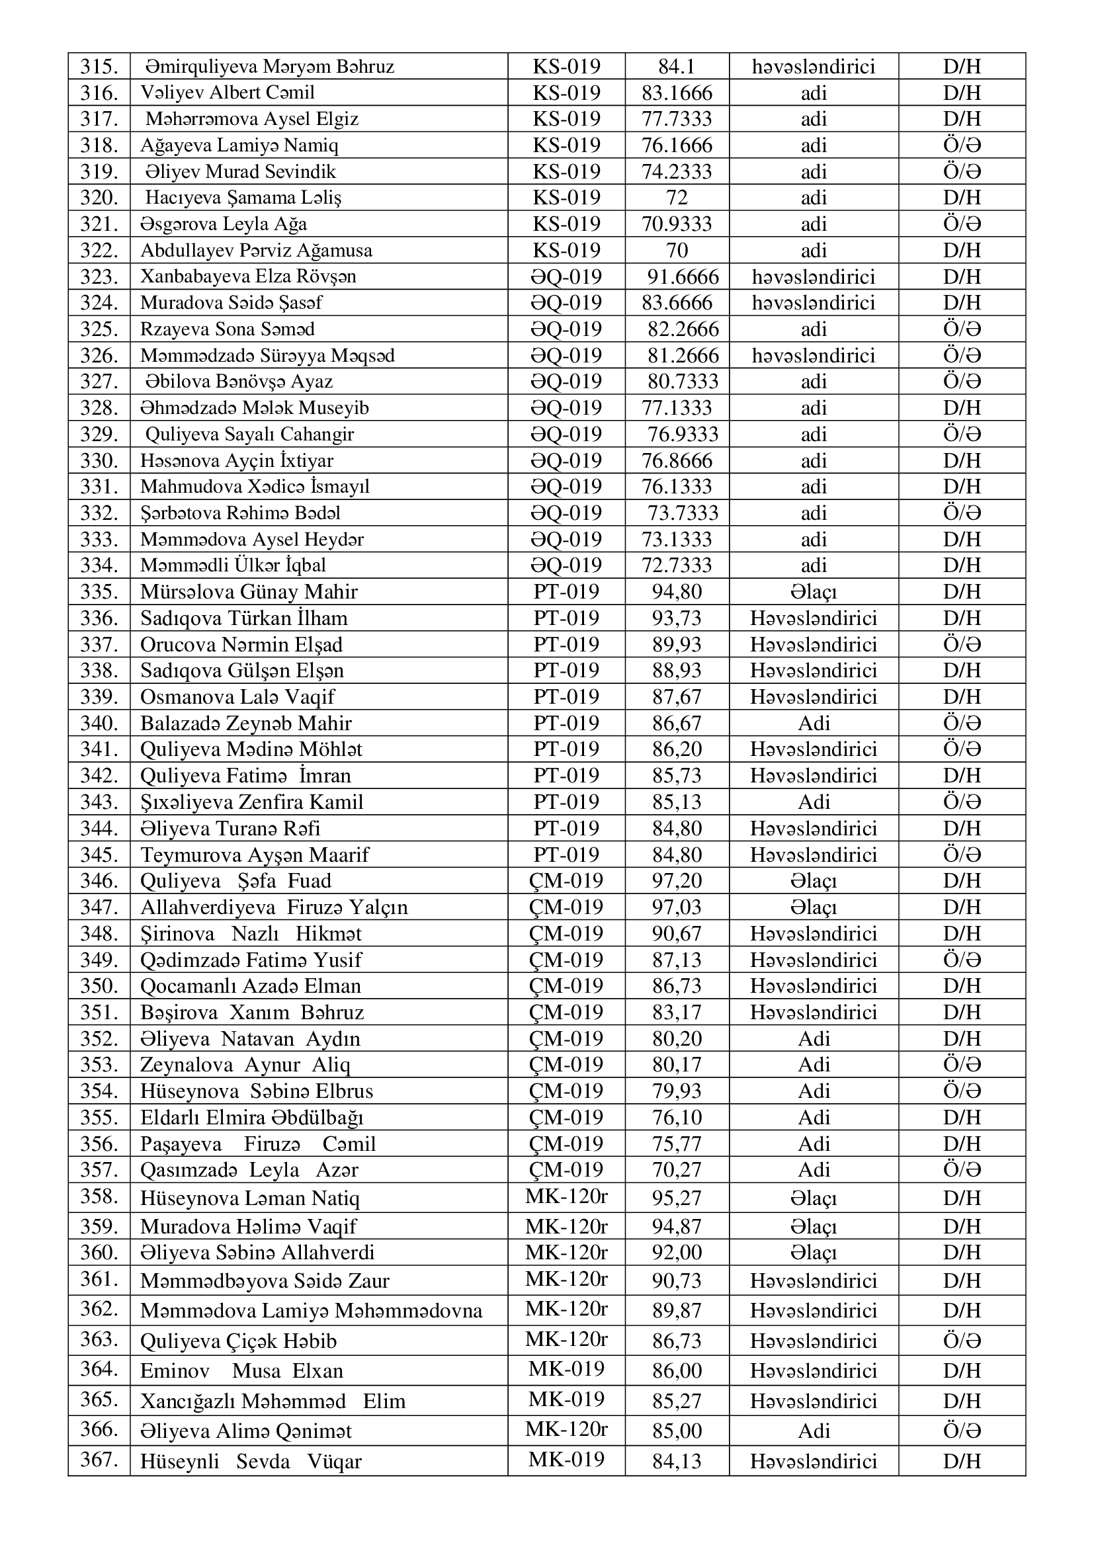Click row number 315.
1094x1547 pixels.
click(x=99, y=66)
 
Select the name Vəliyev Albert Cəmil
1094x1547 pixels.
click(x=227, y=93)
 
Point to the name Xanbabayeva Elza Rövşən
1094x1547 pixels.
click(x=248, y=277)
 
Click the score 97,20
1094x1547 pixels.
click(x=677, y=880)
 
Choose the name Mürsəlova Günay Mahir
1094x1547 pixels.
click(x=249, y=591)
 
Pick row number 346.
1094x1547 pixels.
click(x=99, y=880)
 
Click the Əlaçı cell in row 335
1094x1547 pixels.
click(x=813, y=591)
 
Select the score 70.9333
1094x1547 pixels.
click(x=677, y=224)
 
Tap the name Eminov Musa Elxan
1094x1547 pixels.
click(x=242, y=1370)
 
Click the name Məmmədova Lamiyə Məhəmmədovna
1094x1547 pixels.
click(x=312, y=1310)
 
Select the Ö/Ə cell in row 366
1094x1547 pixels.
click(x=962, y=1431)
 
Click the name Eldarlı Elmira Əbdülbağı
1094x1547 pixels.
click(x=251, y=1117)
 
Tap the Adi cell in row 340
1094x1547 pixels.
click(x=813, y=723)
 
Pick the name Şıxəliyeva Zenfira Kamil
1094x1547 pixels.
click(x=251, y=802)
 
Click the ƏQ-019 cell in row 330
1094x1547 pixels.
click(x=566, y=460)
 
